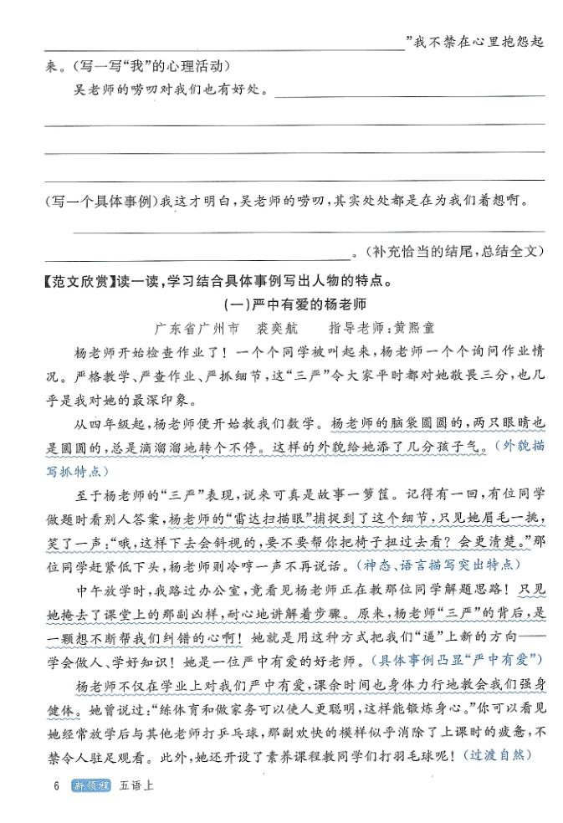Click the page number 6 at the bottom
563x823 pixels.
coord(55,786)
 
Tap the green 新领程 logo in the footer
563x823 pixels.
coord(91,786)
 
